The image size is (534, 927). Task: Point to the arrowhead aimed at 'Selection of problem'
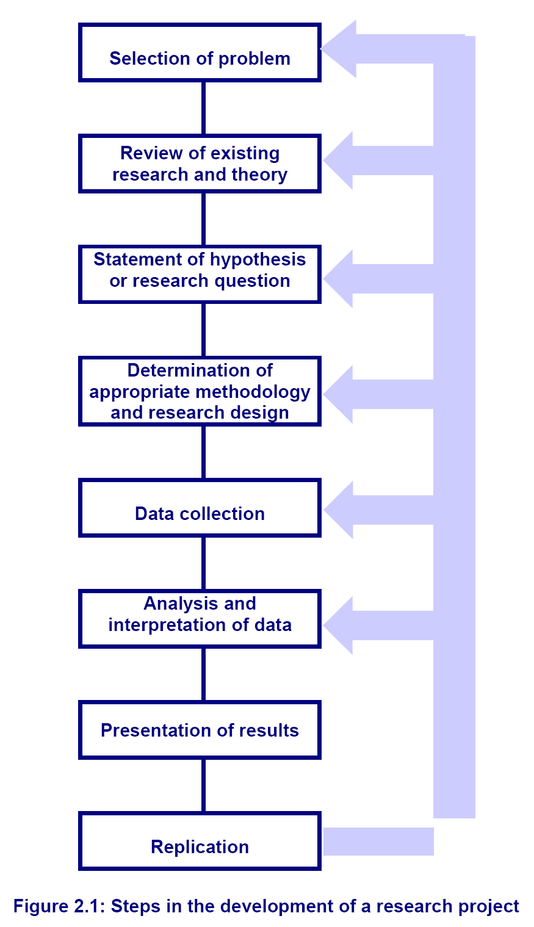coord(339,49)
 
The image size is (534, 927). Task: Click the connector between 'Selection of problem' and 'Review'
coord(203,108)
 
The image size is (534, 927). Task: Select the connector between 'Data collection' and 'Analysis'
coord(203,564)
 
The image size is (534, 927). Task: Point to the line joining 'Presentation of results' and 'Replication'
coord(203,785)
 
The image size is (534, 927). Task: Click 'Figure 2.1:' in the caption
coord(59,906)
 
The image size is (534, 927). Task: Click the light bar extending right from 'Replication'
coord(378,842)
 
